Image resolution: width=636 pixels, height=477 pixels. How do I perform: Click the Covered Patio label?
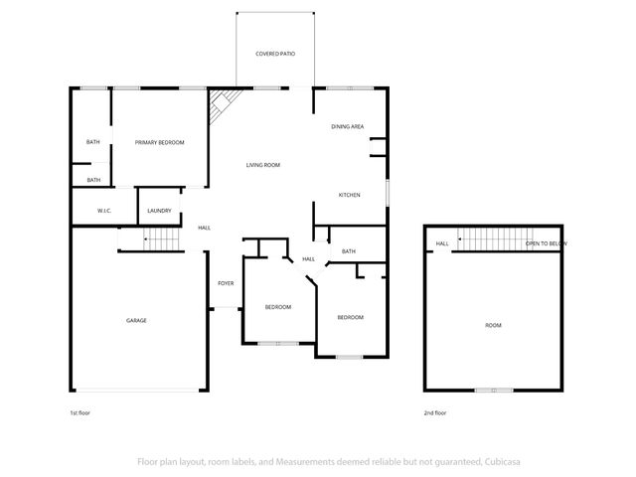pos(275,54)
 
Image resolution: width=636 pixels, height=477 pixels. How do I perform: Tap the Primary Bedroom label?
pos(160,143)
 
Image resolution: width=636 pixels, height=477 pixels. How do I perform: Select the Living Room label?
pos(263,165)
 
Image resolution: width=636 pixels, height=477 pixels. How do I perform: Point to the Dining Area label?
pos(348,127)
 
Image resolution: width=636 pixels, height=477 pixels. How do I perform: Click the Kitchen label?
pos(348,194)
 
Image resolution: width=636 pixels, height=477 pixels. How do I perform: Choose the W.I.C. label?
pos(103,211)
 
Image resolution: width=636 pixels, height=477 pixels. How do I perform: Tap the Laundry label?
pos(159,211)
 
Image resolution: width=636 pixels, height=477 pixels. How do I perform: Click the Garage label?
pos(136,320)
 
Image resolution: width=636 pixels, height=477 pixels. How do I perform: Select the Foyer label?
pos(226,284)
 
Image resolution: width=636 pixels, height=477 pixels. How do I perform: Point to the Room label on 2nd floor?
pos(493,326)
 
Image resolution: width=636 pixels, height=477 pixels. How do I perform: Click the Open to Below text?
pos(547,243)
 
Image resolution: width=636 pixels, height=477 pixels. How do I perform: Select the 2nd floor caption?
pos(434,412)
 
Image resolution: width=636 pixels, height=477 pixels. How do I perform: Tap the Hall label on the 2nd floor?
pos(442,243)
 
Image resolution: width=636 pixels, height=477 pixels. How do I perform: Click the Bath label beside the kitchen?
pos(349,251)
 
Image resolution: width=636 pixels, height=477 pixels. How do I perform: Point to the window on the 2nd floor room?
pos(493,390)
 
